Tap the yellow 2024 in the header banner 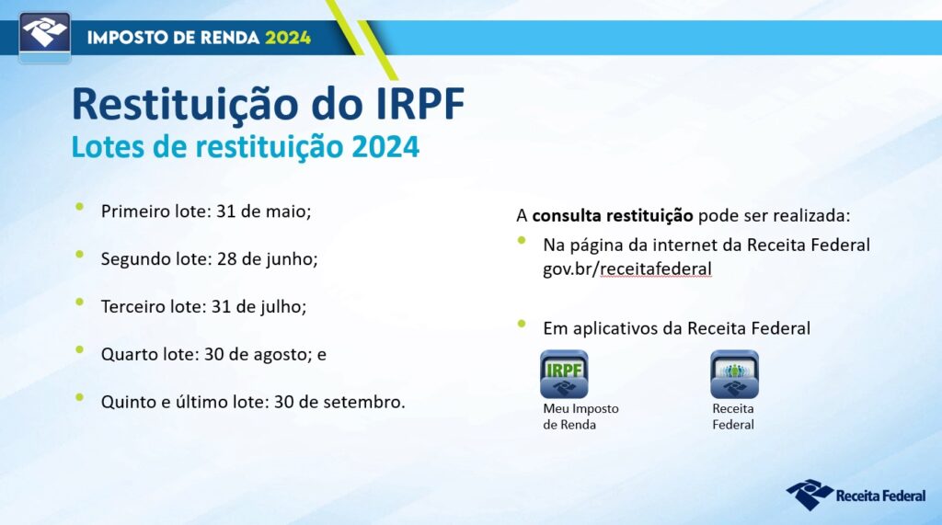pos(288,38)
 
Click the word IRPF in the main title pos(419,104)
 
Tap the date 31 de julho pos(258,307)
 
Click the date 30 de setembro pos(339,402)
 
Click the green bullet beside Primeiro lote pos(80,207)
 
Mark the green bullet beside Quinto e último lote pos(80,397)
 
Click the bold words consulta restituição pos(612,216)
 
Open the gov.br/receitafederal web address pos(627,268)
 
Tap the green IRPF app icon pos(564,374)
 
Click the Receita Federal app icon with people pos(734,374)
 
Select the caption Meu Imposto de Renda pos(580,417)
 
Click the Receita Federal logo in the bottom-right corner pos(856,495)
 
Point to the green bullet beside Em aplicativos pos(522,325)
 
